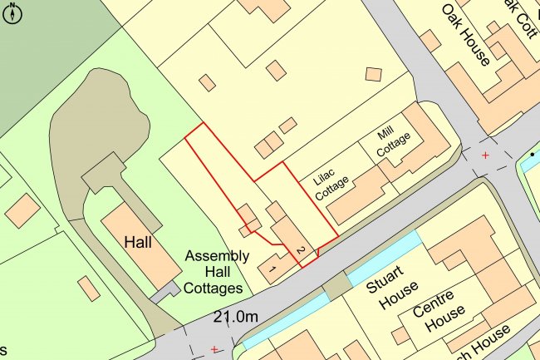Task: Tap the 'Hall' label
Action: pos(138,243)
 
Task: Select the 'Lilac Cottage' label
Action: pos(330,183)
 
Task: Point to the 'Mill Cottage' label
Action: pos(393,143)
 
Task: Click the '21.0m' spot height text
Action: pos(236,317)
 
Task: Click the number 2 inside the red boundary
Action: pos(301,250)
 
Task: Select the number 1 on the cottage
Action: pos(270,269)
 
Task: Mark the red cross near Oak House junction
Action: pos(485,155)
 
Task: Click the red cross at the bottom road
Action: pos(214,348)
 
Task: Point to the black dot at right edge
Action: pos(532,155)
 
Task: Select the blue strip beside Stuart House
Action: pos(384,258)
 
